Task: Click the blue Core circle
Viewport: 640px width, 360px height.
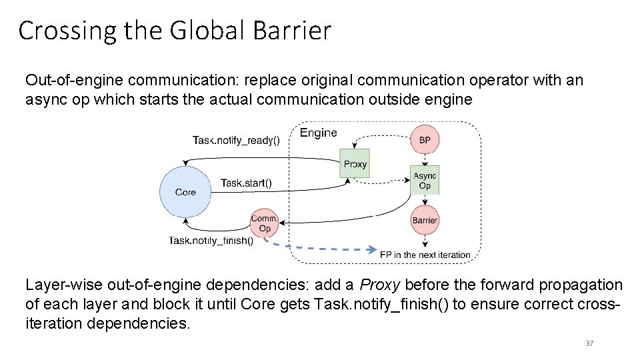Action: coord(185,191)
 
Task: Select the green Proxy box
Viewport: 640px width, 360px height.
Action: coord(354,163)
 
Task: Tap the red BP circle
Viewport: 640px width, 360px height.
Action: coord(425,141)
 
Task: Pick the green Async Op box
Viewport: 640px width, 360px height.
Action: coord(425,181)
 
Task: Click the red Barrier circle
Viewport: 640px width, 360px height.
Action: coord(425,220)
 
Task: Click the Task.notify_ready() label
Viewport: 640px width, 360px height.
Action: coord(236,140)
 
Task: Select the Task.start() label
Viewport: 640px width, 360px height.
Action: coord(246,183)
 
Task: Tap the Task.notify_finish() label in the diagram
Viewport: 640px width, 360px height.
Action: coord(211,241)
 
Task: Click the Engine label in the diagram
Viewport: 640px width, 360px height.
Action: coord(318,133)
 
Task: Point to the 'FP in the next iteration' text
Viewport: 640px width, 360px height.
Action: coord(425,255)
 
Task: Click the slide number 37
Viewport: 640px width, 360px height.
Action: coord(589,343)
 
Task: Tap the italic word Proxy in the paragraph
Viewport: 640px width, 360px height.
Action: coord(379,285)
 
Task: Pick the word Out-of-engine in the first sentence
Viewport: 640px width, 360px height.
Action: coord(74,81)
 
